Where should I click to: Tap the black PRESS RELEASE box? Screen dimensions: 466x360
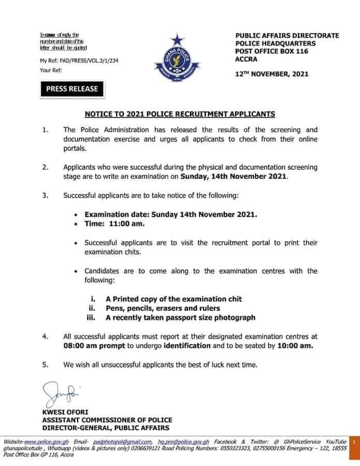click(x=71, y=89)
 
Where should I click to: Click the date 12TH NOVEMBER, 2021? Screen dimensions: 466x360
click(x=272, y=74)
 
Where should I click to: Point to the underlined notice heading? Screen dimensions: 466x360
click(x=180, y=113)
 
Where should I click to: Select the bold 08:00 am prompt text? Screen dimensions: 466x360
click(x=91, y=345)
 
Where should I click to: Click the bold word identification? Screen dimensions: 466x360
click(x=187, y=345)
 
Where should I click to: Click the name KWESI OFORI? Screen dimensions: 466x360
click(x=63, y=412)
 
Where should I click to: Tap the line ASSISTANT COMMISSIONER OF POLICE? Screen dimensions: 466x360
click(x=107, y=420)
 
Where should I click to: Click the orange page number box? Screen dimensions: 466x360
click(x=353, y=442)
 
